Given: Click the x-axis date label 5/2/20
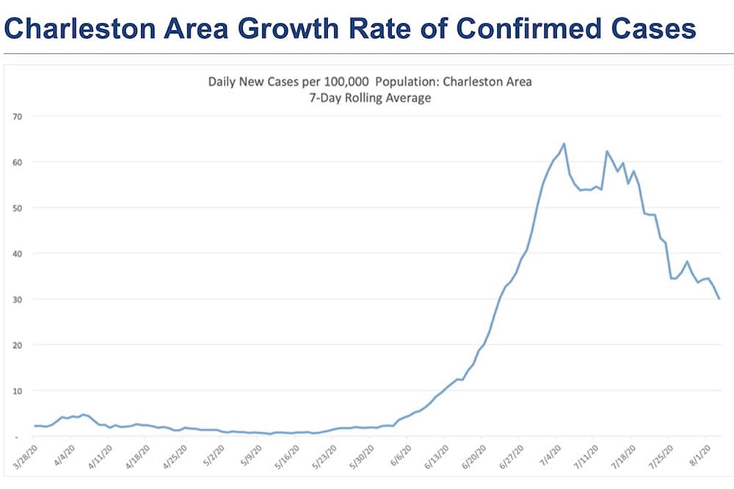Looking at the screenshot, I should point(214,457).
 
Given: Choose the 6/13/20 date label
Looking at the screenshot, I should point(436,457).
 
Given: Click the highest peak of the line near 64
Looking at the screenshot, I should point(564,144).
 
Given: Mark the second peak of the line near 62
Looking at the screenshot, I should point(607,151).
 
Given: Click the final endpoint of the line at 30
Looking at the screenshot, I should point(719,299).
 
